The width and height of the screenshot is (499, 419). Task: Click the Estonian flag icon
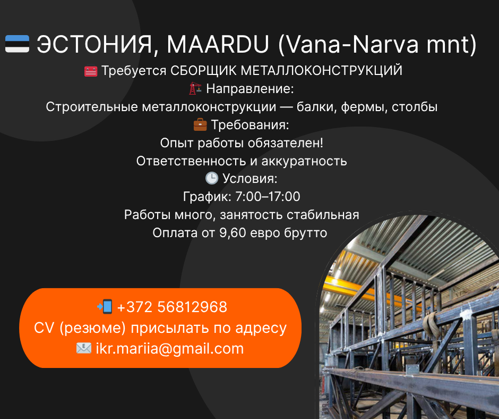(x=17, y=44)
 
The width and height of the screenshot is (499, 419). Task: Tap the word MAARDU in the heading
(x=218, y=44)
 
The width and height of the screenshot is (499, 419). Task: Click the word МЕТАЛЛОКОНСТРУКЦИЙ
(x=321, y=71)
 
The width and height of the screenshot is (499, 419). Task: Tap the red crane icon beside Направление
(x=195, y=88)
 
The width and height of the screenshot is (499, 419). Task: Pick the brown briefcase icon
(x=200, y=124)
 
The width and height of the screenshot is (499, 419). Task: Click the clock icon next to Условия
(x=212, y=178)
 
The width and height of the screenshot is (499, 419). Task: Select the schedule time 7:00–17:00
(x=268, y=196)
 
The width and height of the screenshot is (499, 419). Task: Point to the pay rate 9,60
(x=233, y=233)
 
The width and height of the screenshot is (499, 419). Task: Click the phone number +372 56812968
(x=172, y=307)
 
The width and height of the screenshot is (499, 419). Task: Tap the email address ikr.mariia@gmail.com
(x=170, y=348)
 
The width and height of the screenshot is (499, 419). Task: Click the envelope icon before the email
(x=84, y=348)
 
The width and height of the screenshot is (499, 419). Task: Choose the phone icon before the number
(x=105, y=306)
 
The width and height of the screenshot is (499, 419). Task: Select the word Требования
(x=250, y=124)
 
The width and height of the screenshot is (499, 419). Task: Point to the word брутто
(x=306, y=233)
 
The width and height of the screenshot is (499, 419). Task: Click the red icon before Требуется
(x=91, y=71)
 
